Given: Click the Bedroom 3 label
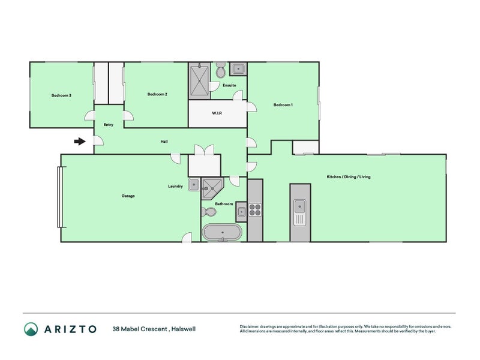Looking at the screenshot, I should [x=61, y=95].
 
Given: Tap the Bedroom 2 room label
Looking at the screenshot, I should [x=157, y=94].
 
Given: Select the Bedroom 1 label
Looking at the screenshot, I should [x=283, y=105].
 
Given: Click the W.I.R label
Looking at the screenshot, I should [x=217, y=113].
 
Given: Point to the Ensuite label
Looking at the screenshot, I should [x=229, y=85].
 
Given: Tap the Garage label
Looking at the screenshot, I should [x=128, y=196].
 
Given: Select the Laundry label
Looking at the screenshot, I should [x=175, y=187].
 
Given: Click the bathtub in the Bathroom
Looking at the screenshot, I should [x=223, y=232].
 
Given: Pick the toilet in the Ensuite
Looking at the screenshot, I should [x=220, y=71].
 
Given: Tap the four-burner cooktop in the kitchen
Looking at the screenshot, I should [x=255, y=210].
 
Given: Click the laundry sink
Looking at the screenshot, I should [x=194, y=184].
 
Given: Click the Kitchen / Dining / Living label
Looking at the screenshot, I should [x=348, y=177].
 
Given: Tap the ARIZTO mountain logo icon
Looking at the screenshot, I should [x=31, y=329].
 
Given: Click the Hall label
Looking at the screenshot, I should [x=164, y=142].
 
